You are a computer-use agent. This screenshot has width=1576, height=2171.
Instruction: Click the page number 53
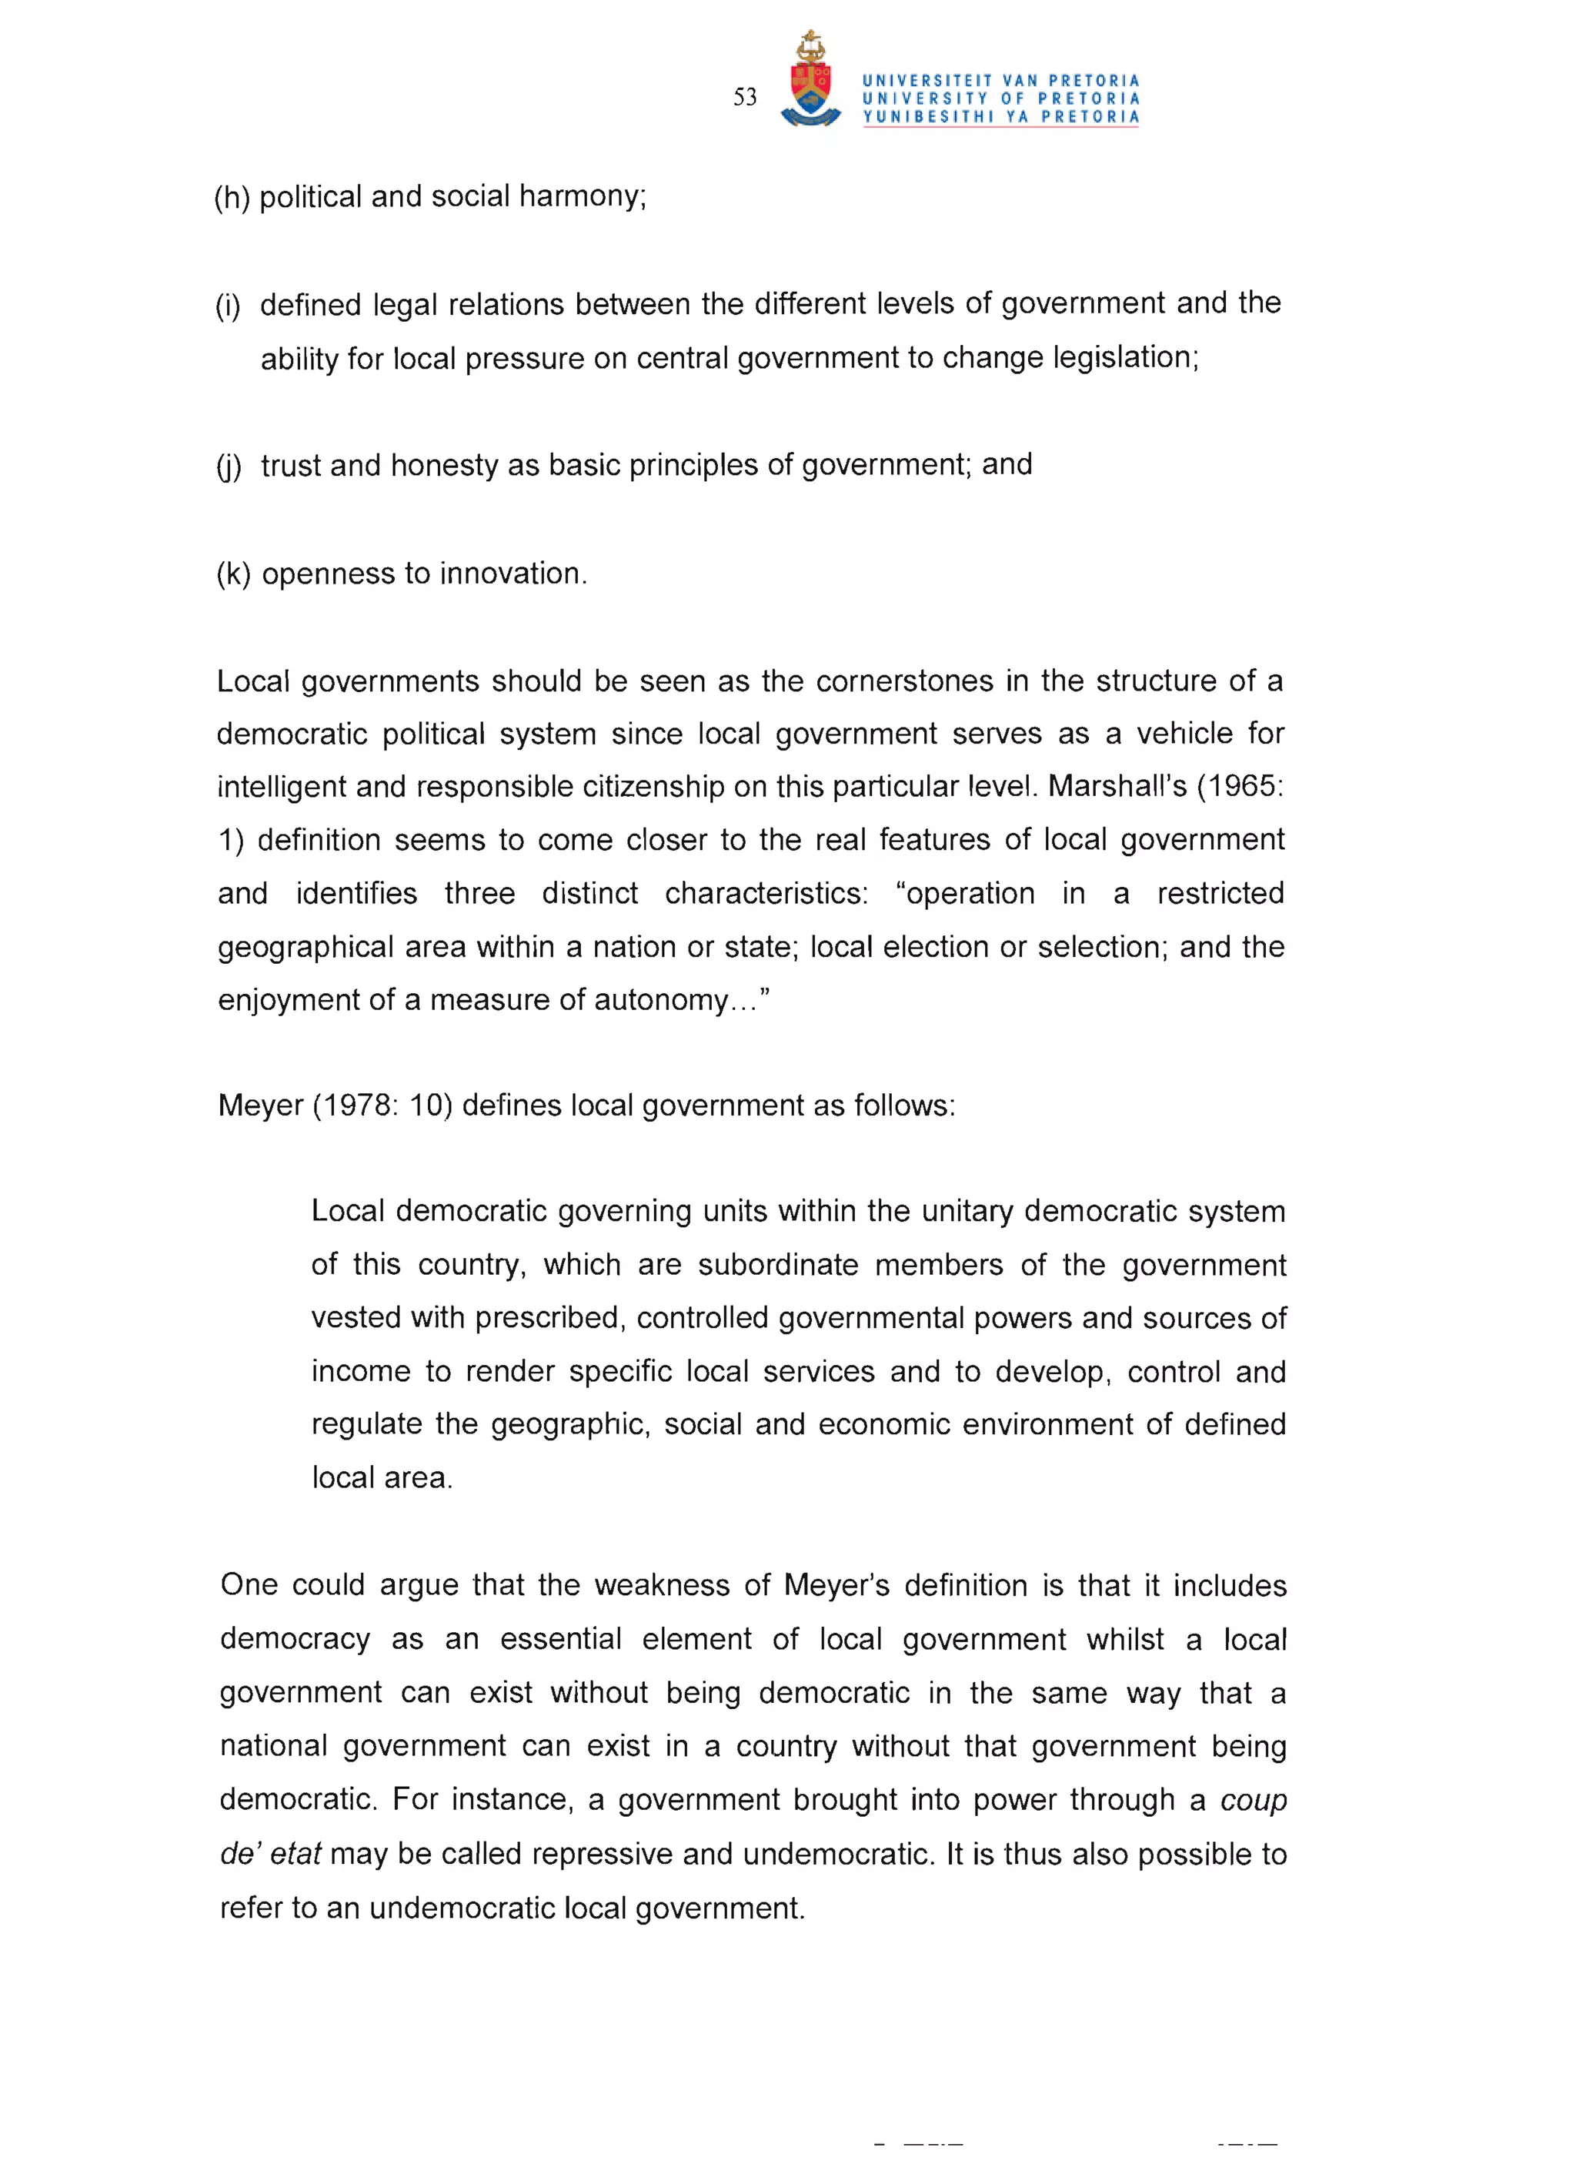[744, 97]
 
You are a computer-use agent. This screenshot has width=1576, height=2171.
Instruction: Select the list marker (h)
[232, 197]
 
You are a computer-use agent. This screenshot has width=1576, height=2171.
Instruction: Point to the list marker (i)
[228, 306]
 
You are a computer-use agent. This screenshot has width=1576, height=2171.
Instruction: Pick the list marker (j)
[229, 467]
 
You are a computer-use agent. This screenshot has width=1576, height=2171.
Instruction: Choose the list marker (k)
[233, 574]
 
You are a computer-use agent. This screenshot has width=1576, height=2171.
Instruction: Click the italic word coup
[1253, 1801]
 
